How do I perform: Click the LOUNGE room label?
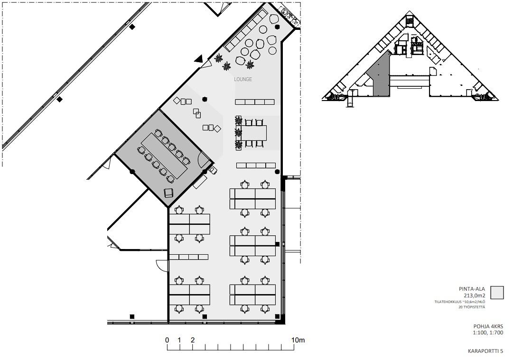(x=243, y=79)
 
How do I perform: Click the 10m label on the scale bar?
(x=298, y=340)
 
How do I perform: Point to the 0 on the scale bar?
(x=167, y=340)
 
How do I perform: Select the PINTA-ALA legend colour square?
(x=497, y=292)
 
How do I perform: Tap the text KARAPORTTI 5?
(x=485, y=351)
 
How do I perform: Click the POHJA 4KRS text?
(x=488, y=326)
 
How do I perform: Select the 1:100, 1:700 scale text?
(x=488, y=333)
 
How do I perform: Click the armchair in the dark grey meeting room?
(x=168, y=193)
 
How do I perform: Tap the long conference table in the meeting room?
(x=164, y=156)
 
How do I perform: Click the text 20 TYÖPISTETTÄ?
(x=471, y=307)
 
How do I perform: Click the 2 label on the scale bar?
(x=193, y=340)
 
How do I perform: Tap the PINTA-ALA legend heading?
(x=472, y=289)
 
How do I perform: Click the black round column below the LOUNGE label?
(x=205, y=99)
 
